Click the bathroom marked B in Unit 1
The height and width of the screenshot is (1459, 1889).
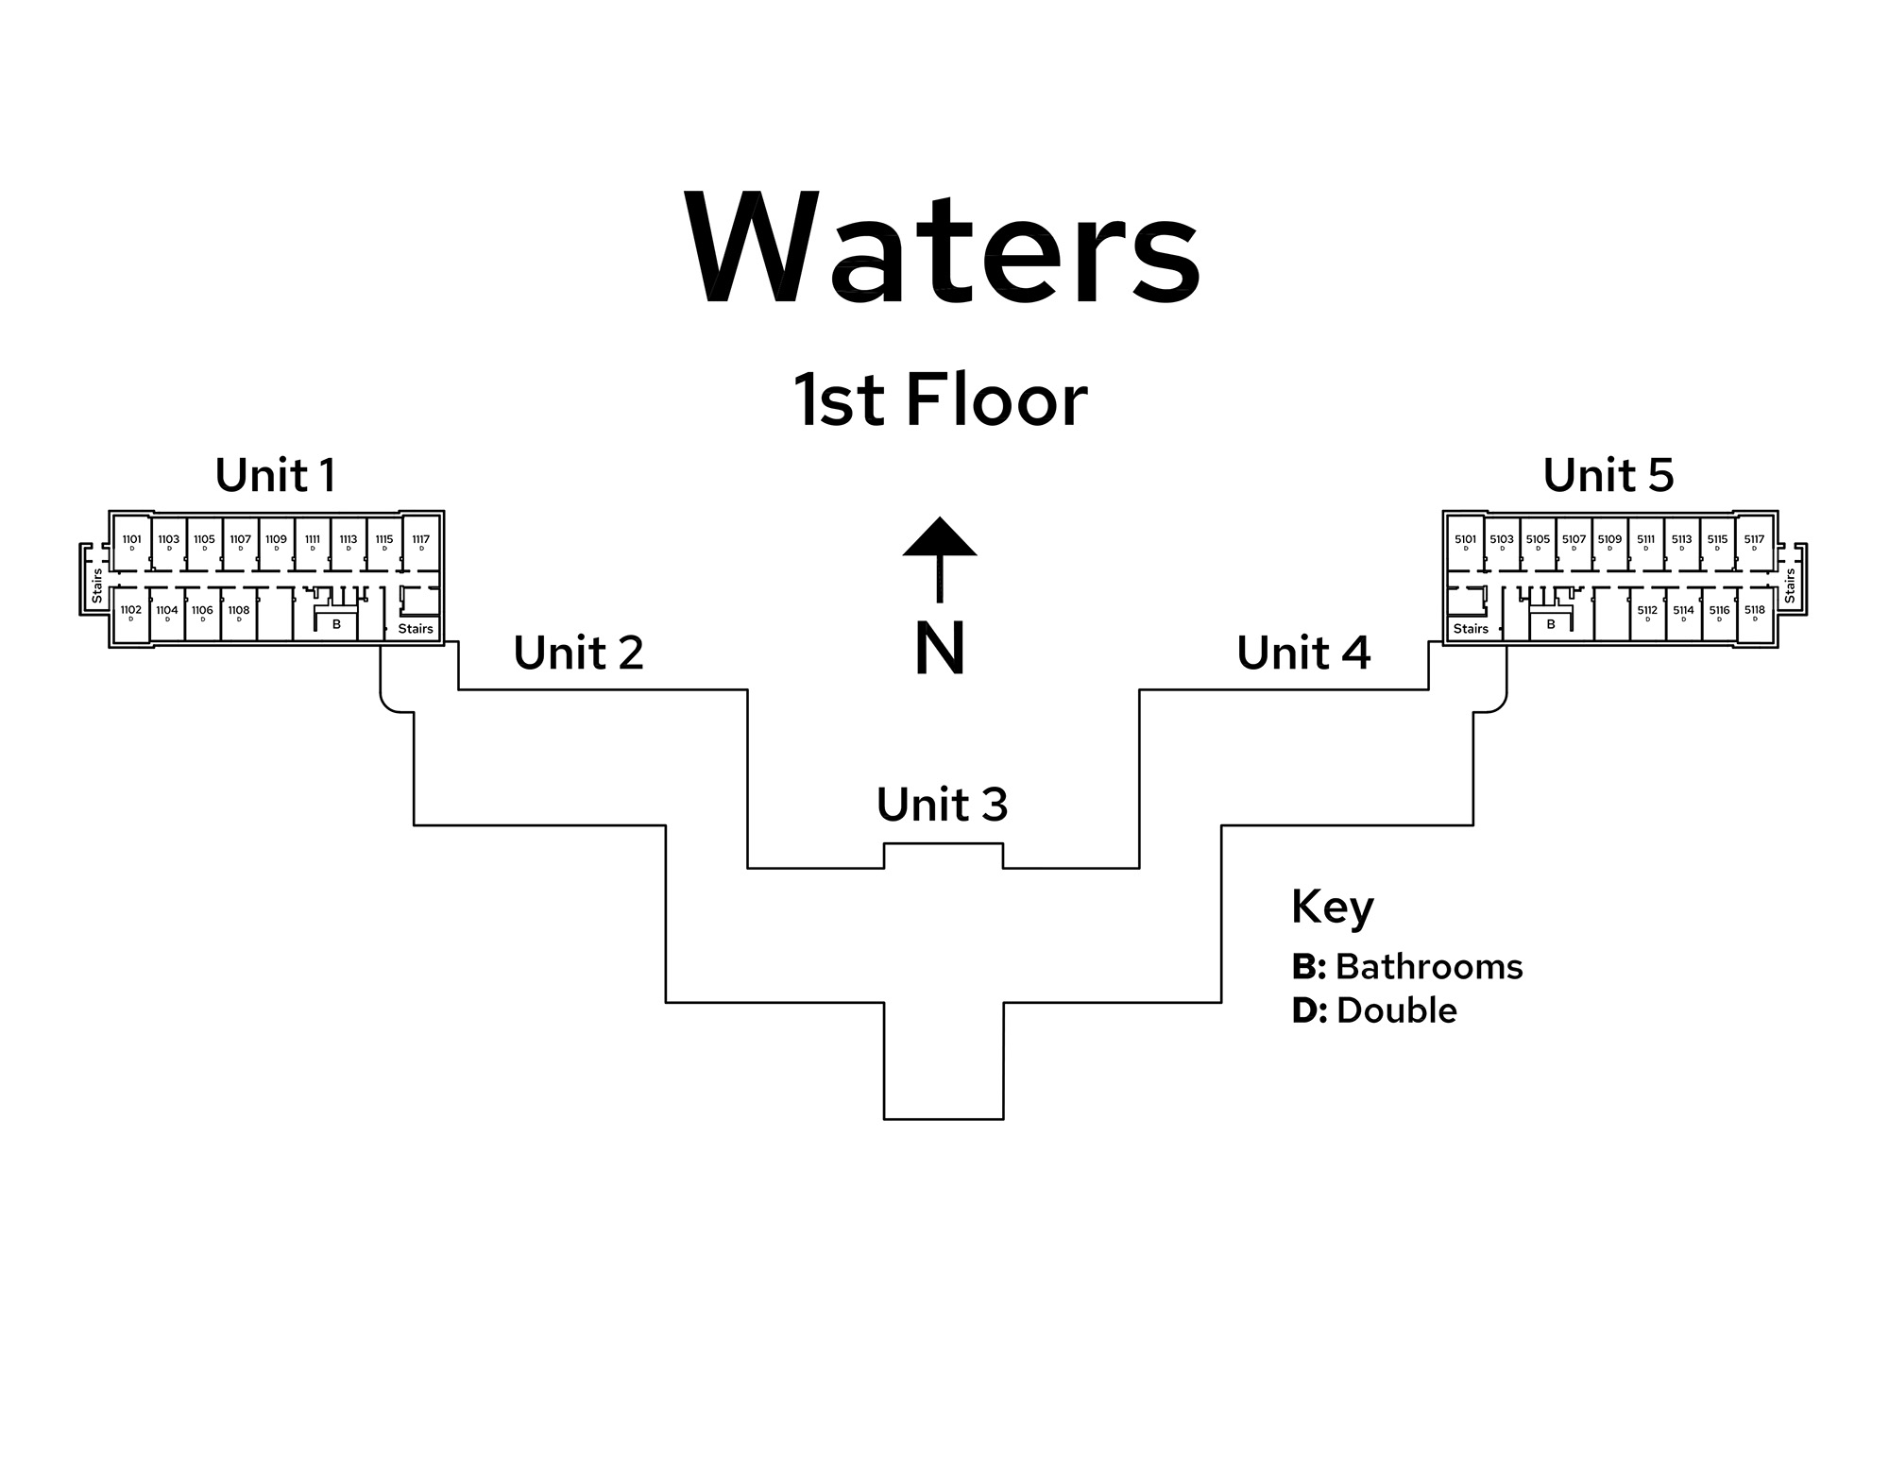[336, 625]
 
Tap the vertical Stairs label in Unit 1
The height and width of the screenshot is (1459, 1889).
[96, 585]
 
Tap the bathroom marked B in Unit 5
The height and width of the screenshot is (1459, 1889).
[1550, 625]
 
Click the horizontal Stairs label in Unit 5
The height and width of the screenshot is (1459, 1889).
[1471, 629]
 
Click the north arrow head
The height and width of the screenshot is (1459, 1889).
[939, 538]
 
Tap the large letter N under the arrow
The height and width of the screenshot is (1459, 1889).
[940, 649]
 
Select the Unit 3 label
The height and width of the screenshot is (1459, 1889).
[942, 806]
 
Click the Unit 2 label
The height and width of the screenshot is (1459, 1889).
[578, 653]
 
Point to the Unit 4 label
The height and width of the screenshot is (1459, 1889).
[1303, 653]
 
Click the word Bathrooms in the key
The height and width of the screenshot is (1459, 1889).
[1429, 967]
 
